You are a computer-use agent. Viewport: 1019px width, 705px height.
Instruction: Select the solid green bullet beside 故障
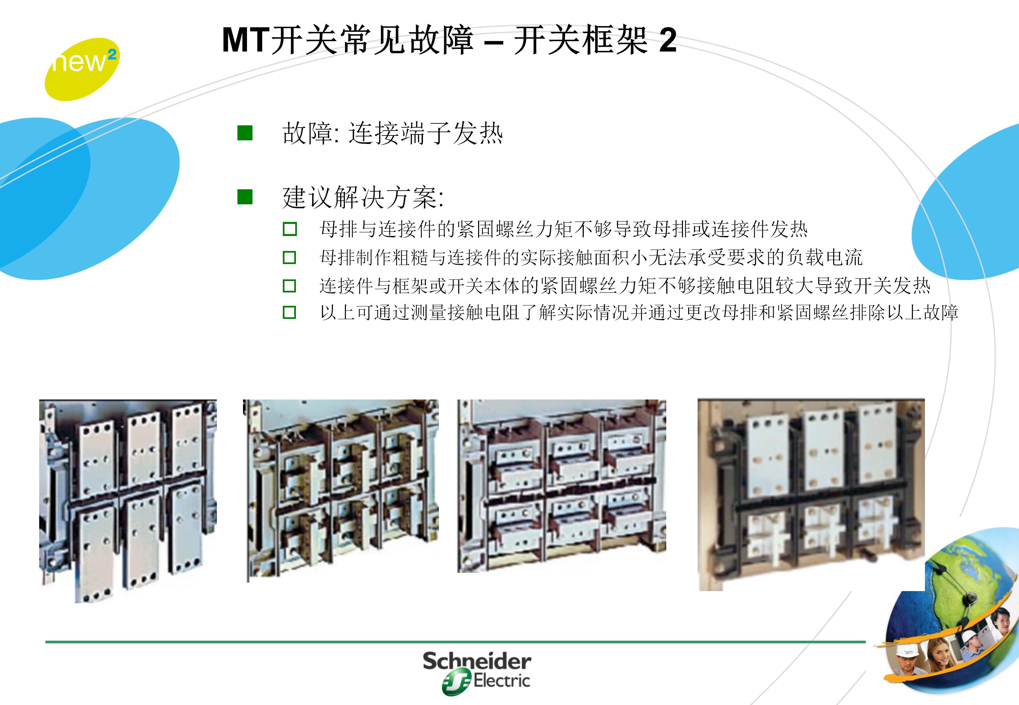click(245, 133)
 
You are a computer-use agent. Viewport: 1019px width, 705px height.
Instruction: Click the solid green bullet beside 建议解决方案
click(245, 197)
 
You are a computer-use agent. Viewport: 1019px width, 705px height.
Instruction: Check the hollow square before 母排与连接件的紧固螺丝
click(289, 229)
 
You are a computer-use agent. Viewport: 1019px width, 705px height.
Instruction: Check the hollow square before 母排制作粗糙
click(289, 258)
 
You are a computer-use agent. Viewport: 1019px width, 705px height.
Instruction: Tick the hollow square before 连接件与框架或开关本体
click(289, 286)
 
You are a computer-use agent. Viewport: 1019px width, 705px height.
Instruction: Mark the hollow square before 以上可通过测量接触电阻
click(289, 313)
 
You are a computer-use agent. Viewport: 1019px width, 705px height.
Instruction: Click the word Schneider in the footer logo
click(477, 662)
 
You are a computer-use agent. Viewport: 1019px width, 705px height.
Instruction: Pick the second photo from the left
click(341, 488)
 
